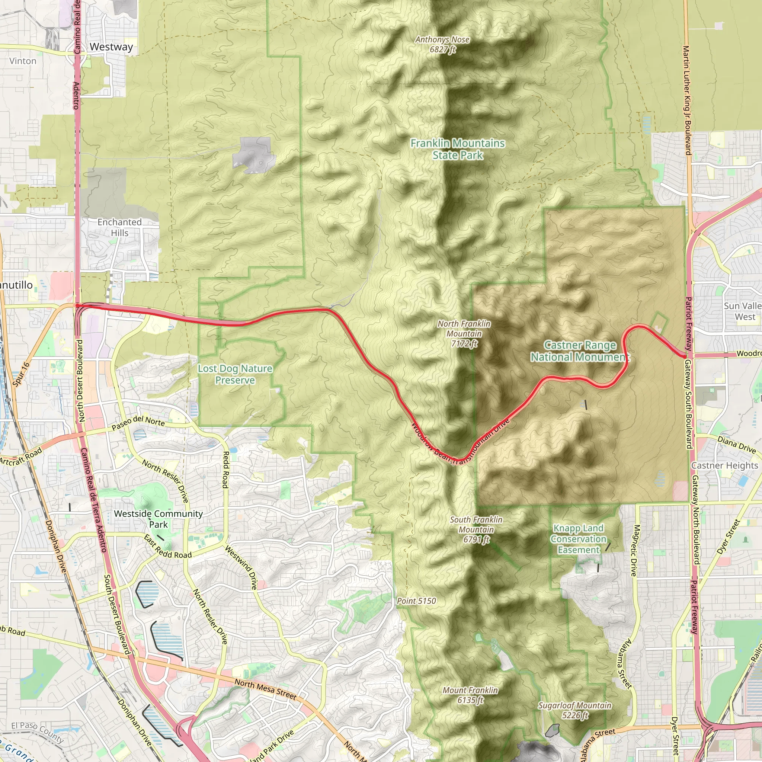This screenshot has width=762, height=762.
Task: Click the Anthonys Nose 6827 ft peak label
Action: point(442,44)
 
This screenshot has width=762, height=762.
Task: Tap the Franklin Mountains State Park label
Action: point(458,149)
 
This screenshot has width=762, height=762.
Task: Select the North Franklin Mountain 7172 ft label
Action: point(464,333)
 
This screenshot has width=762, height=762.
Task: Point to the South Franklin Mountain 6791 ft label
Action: point(476,529)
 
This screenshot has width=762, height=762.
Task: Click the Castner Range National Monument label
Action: point(580,350)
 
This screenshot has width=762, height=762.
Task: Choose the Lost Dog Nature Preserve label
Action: point(235,374)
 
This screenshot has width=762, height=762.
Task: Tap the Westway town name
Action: point(111,47)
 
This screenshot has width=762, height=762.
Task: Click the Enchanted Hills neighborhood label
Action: point(119,227)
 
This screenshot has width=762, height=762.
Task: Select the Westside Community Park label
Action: point(158,519)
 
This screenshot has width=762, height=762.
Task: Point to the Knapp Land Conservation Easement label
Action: point(579,539)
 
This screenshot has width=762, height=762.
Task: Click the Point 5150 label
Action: point(416,601)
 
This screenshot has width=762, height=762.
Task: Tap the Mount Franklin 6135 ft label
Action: point(470,695)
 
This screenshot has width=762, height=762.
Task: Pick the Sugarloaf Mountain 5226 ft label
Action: point(574,710)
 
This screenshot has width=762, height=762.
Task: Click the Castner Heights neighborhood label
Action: point(724,465)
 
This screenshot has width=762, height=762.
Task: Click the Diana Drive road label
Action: point(736,445)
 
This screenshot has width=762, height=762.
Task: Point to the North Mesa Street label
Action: point(265,689)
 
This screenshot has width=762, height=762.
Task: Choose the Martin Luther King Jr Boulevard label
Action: point(687,100)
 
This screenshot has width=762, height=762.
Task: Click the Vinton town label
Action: point(23,61)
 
